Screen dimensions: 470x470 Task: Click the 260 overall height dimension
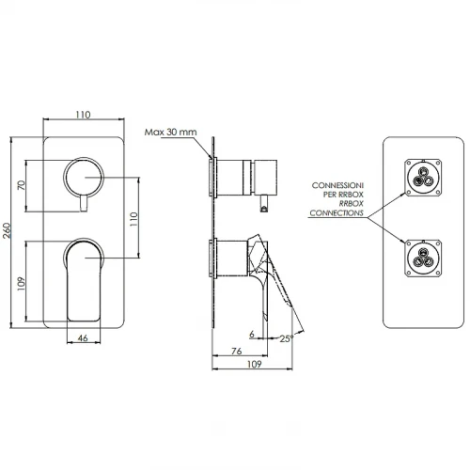(7, 230)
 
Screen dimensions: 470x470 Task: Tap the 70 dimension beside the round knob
(22, 185)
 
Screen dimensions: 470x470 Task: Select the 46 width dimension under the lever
(83, 338)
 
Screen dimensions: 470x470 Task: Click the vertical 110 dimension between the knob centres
(133, 219)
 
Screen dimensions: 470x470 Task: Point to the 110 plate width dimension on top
(83, 115)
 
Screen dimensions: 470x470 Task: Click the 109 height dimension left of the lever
(21, 284)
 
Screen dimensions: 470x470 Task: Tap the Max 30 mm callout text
(171, 132)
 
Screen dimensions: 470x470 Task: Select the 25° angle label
(287, 338)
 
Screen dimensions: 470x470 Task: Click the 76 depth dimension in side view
(237, 351)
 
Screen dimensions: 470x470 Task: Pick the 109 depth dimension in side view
(254, 364)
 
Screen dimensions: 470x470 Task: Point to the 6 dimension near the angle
(252, 334)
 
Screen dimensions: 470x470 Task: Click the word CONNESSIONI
(337, 185)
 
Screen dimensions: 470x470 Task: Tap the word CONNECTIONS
(337, 213)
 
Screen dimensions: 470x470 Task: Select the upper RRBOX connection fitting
(423, 178)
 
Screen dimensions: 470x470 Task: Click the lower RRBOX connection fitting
(423, 258)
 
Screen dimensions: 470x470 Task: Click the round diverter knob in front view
(84, 176)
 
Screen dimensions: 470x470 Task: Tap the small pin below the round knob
(84, 203)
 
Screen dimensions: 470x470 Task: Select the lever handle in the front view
(84, 279)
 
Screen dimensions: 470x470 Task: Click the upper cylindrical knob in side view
(246, 178)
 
